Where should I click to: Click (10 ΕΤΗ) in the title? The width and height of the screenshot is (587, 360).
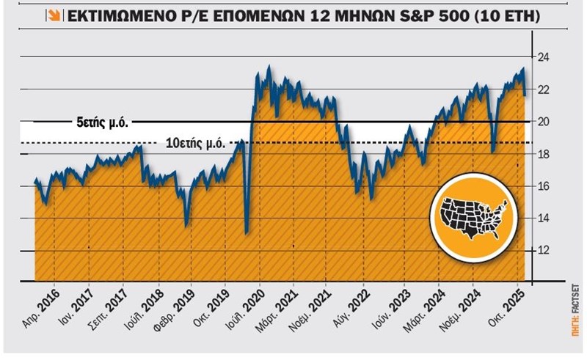(x=503, y=15)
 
